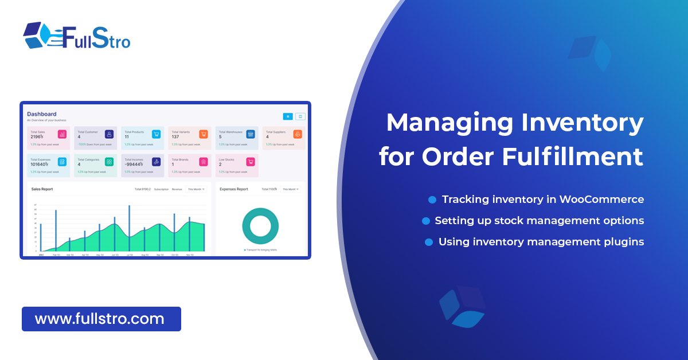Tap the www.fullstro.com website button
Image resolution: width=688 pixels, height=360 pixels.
pos(101,319)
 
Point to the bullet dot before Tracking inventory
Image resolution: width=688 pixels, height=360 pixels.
pos(432,200)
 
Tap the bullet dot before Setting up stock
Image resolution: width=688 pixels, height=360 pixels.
pos(425,221)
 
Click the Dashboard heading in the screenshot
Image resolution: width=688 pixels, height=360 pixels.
pos(42,114)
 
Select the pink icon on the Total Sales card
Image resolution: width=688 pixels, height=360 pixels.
pos(62,134)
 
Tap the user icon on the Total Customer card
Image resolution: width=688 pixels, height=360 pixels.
pos(109,134)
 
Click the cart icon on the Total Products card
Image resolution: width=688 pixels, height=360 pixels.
pos(156,134)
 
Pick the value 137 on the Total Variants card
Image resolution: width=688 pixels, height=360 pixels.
pos(176,137)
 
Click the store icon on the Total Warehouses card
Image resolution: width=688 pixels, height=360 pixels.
pos(250,134)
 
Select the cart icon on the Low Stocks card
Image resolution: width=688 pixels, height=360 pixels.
pos(250,162)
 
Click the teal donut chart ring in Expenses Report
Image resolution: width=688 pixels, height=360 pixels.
pos(260,226)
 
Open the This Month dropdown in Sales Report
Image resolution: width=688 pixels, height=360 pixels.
pos(196,189)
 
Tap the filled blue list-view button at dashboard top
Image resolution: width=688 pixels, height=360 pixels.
pos(288,116)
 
